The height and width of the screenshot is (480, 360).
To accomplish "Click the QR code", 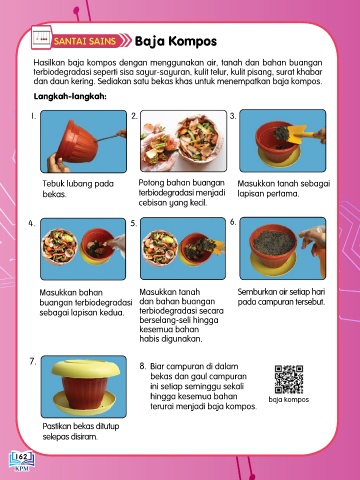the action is tap(289, 379).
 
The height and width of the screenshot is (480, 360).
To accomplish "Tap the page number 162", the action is tap(22, 457).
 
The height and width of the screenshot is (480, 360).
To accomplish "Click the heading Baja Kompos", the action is tap(176, 41).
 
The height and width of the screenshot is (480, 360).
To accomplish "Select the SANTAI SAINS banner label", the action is tap(85, 41).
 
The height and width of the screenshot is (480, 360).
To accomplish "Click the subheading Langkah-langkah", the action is tap(70, 97).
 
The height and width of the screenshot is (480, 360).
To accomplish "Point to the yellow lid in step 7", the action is tap(86, 367).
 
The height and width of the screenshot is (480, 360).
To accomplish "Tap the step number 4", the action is tap(31, 223).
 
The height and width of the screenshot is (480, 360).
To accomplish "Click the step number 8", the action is tap(143, 366).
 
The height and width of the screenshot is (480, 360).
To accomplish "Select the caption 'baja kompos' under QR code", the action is tap(289, 399).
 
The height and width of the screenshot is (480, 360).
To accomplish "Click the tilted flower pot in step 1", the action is tap(77, 142).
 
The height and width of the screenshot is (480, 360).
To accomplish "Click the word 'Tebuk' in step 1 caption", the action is tap(53, 184).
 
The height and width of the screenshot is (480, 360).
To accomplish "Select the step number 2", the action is tap(134, 116).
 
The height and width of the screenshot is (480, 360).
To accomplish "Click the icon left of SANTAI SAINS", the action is tap(42, 37).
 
